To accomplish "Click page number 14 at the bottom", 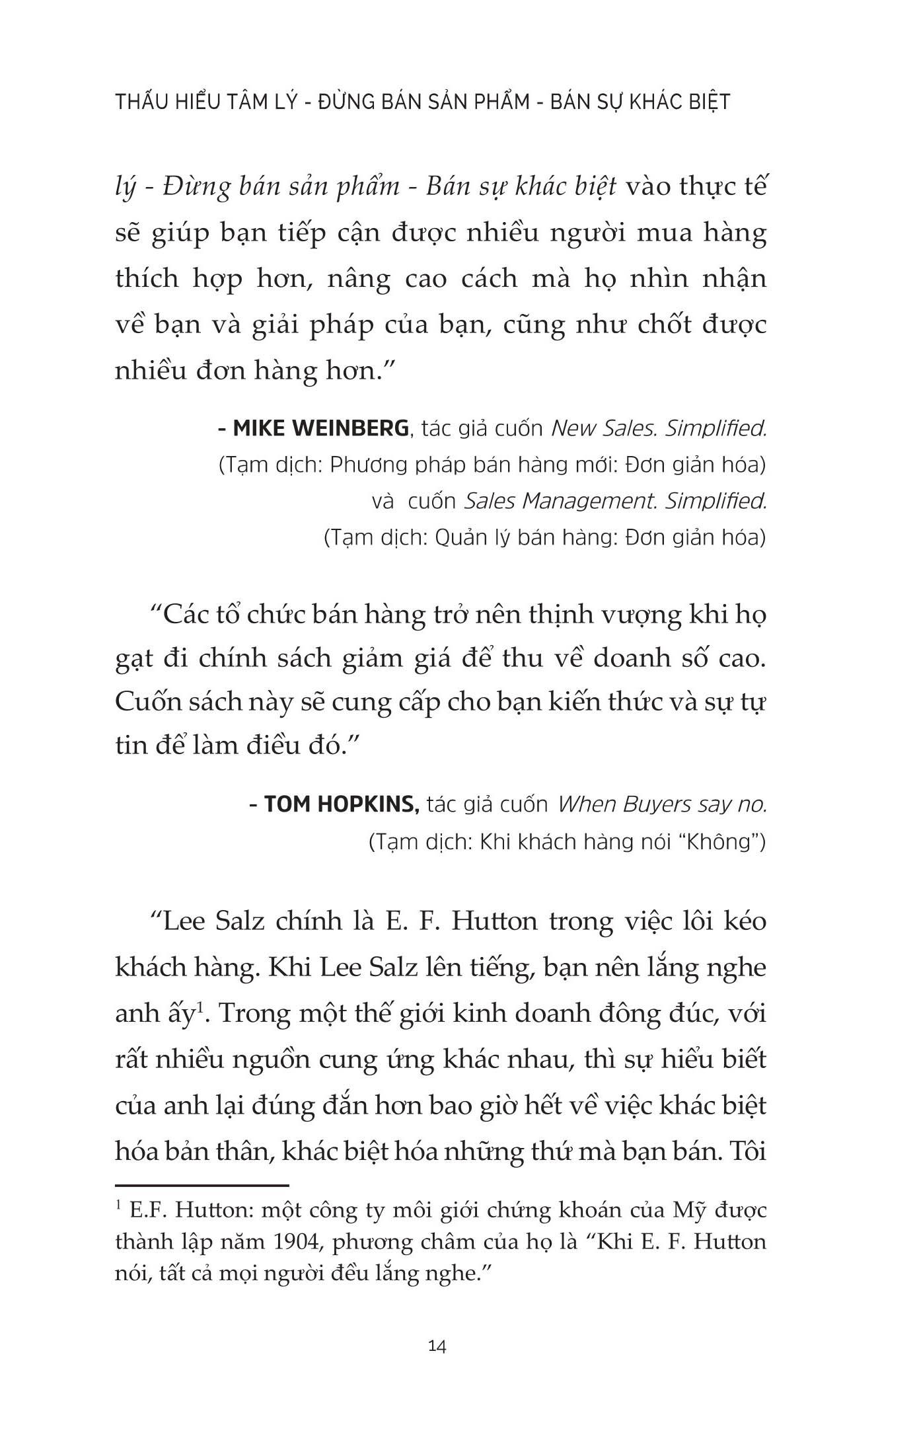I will [438, 1345].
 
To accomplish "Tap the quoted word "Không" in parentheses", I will [717, 842].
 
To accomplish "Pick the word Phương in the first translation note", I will [371, 465].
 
